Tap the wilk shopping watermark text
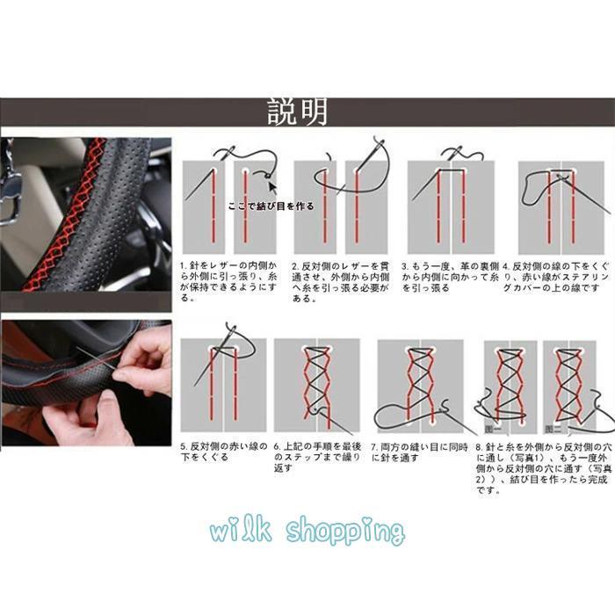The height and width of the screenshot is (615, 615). (x=307, y=531)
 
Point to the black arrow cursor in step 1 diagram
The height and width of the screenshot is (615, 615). (x=270, y=185)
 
